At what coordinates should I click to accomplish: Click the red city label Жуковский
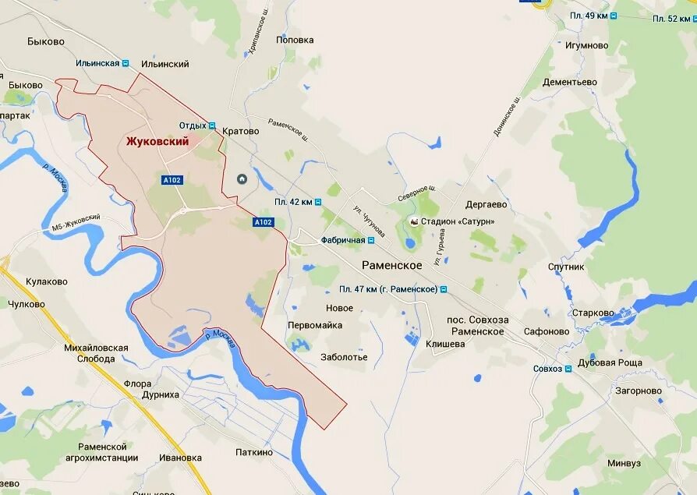pos(157,141)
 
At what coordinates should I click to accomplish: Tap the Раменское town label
pos(391,265)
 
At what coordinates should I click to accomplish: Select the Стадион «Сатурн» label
pos(457,221)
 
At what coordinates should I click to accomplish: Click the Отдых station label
pos(193,126)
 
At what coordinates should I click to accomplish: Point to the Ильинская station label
pos(97,63)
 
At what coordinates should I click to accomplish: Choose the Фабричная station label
pos(343,240)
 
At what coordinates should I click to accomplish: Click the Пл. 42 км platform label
pos(293,202)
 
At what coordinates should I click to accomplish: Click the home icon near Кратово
pos(242,179)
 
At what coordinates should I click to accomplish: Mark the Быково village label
pos(45,41)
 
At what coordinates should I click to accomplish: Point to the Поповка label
pos(295,40)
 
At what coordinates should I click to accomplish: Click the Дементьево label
pos(570,82)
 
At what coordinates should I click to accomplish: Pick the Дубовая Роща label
pos(610,362)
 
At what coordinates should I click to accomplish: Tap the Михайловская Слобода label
pos(97,353)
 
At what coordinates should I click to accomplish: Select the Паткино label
pos(254,452)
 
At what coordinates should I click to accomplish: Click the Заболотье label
pos(344,357)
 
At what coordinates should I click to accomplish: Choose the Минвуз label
pos(624,463)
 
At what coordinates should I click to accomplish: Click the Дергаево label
pos(486,204)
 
